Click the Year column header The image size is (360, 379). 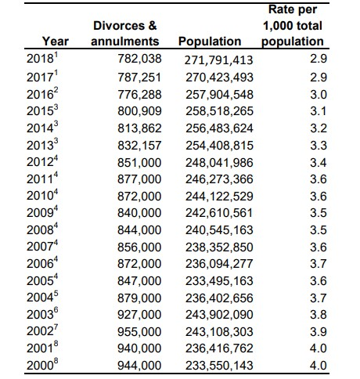pos(56,42)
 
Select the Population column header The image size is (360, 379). pos(210,42)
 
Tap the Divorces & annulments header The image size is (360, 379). pos(125,34)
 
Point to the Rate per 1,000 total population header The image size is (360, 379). pos(293,26)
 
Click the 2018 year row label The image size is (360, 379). pos(42,58)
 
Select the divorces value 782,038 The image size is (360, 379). pos(139,59)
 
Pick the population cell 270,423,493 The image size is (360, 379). pos(219,78)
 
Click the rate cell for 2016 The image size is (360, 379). pos(319,95)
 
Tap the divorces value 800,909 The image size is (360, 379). pos(139,111)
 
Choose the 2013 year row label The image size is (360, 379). pos(42,144)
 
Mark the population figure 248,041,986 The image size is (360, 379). pos(219,163)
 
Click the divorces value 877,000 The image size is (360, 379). pos(139,179)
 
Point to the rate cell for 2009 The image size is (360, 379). pos(319,213)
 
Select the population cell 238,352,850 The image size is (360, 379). pos(219,247)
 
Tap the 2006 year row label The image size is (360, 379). pos(42,263)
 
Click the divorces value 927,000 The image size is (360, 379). pos(139,315)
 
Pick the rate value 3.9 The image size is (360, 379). pos(319,332)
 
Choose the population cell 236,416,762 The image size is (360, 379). pos(219,348)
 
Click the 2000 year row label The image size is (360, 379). pos(42,365)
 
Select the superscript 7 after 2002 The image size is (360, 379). pos(56,327)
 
